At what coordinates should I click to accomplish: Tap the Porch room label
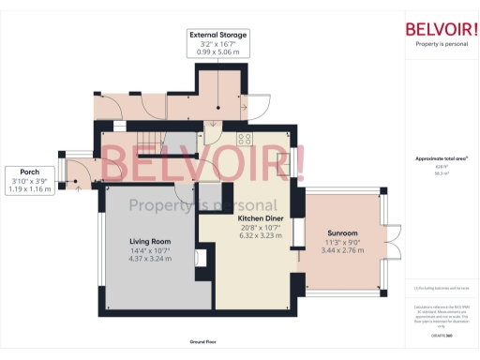pyautogui.click(x=29, y=172)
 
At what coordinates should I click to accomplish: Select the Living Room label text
pyautogui.click(x=149, y=242)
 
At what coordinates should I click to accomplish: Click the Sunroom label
pyautogui.click(x=342, y=232)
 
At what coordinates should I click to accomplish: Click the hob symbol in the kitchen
pyautogui.click(x=245, y=140)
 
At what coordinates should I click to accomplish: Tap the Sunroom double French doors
pyautogui.click(x=392, y=241)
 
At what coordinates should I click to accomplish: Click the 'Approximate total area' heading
pyautogui.click(x=441, y=158)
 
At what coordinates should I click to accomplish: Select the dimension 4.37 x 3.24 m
pyautogui.click(x=149, y=259)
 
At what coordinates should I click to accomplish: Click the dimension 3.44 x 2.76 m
pyautogui.click(x=342, y=249)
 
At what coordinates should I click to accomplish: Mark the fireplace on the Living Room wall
pyautogui.click(x=198, y=257)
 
